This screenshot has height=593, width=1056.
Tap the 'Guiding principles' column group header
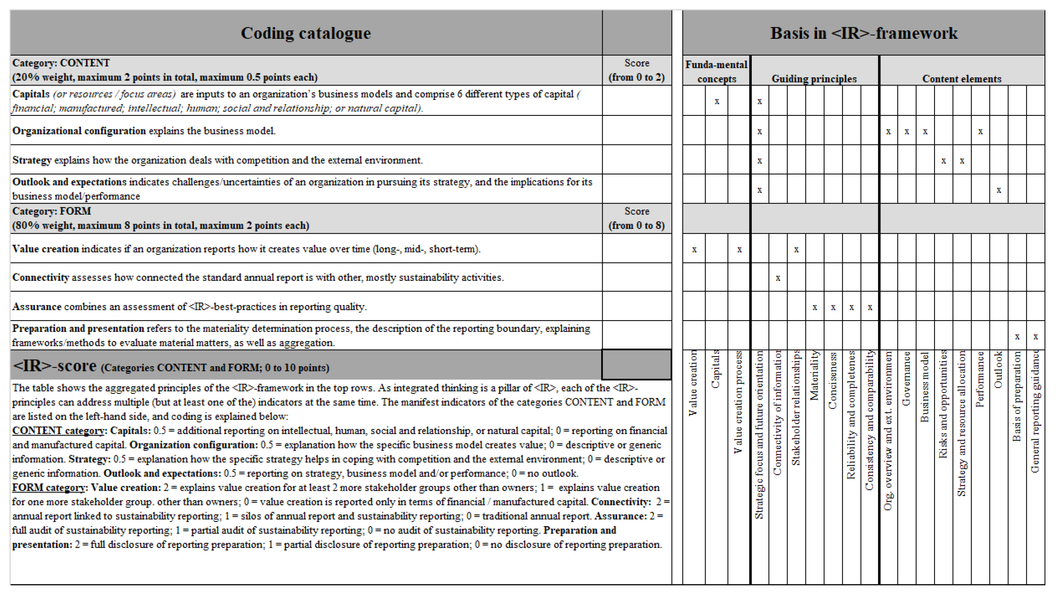click(814, 78)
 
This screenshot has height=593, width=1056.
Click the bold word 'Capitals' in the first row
click(31, 94)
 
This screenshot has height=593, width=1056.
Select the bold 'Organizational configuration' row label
click(79, 131)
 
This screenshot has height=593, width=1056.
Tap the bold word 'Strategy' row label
click(32, 160)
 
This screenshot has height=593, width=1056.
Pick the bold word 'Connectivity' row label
click(41, 277)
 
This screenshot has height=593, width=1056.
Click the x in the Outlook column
click(999, 190)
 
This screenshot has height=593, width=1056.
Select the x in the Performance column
click(980, 132)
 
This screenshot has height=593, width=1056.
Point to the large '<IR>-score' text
click(55, 365)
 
